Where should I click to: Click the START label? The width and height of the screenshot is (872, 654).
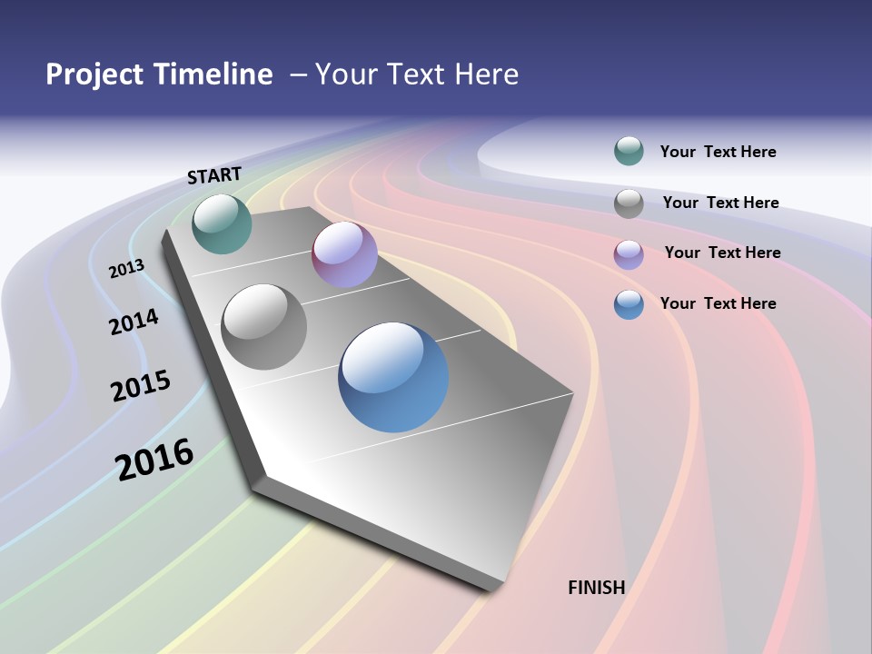[214, 174]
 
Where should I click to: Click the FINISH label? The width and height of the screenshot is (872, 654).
[596, 588]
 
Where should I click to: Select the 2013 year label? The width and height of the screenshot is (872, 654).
[126, 269]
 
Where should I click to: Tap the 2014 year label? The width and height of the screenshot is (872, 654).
[134, 322]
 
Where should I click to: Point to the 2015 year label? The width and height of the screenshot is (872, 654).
[141, 385]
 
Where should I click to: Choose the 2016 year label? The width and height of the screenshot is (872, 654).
[154, 459]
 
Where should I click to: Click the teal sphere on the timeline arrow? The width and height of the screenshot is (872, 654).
[222, 223]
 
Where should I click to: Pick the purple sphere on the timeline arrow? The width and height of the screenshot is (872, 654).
[344, 254]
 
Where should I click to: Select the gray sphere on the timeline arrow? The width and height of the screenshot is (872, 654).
[264, 327]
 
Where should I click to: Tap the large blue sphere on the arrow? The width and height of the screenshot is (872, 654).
[393, 377]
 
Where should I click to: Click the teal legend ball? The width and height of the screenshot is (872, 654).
[629, 152]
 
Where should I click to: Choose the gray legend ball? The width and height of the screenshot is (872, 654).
[629, 203]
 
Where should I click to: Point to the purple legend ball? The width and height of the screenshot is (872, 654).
[629, 254]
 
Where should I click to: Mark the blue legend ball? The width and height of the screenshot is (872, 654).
[629, 304]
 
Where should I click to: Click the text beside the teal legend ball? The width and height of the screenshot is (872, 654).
[718, 152]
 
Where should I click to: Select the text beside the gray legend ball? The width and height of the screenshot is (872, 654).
[720, 203]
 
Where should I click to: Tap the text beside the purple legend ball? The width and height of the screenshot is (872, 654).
[722, 253]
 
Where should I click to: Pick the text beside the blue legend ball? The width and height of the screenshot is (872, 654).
[718, 303]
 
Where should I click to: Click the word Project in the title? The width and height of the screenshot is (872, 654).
[94, 74]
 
